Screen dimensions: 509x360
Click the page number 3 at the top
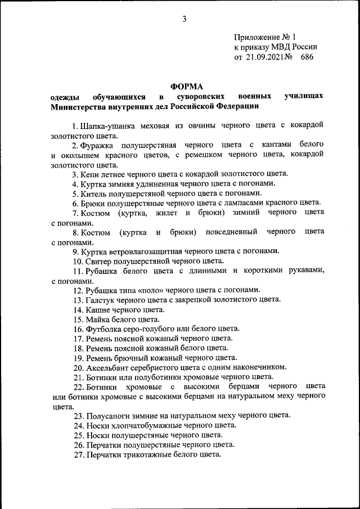[184, 20]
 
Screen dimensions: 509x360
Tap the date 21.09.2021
[263, 57]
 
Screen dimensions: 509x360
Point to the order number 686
[306, 57]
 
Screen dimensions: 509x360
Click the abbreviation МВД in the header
[281, 47]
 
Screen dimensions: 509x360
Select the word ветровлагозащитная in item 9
[152, 251]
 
